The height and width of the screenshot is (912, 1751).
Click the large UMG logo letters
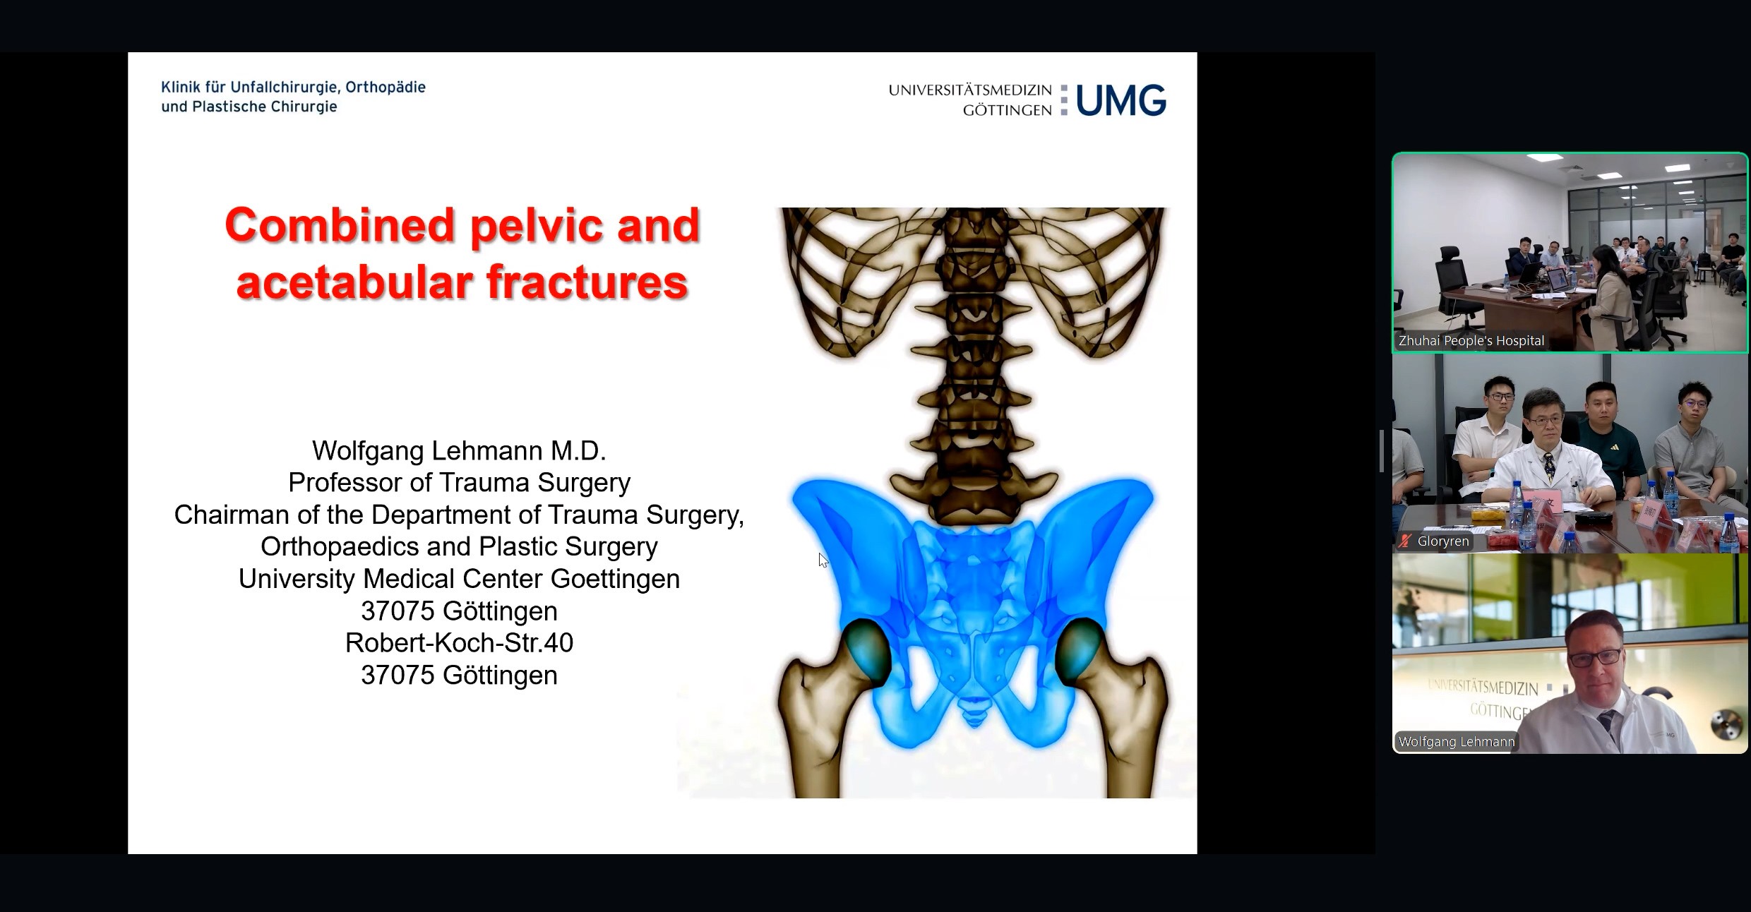[1120, 100]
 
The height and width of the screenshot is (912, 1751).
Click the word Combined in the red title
[340, 226]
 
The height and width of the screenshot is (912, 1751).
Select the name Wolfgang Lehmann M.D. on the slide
[459, 450]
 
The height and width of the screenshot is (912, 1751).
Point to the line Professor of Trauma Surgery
[459, 483]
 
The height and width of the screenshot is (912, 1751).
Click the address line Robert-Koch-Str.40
[459, 643]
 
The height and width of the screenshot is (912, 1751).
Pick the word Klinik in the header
[180, 88]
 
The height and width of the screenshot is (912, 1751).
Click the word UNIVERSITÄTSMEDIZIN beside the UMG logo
[970, 90]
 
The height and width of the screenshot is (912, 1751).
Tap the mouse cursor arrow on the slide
[823, 560]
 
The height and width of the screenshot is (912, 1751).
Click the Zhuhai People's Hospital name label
[1471, 341]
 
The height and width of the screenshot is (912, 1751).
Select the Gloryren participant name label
[1443, 541]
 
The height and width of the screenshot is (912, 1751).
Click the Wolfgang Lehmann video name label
[1457, 742]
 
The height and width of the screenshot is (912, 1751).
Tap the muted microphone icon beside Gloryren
[1405, 541]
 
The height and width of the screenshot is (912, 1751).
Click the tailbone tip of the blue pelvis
[974, 721]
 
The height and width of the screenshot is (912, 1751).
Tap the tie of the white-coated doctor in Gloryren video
[1549, 467]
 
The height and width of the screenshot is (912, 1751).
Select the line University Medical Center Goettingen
[459, 579]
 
